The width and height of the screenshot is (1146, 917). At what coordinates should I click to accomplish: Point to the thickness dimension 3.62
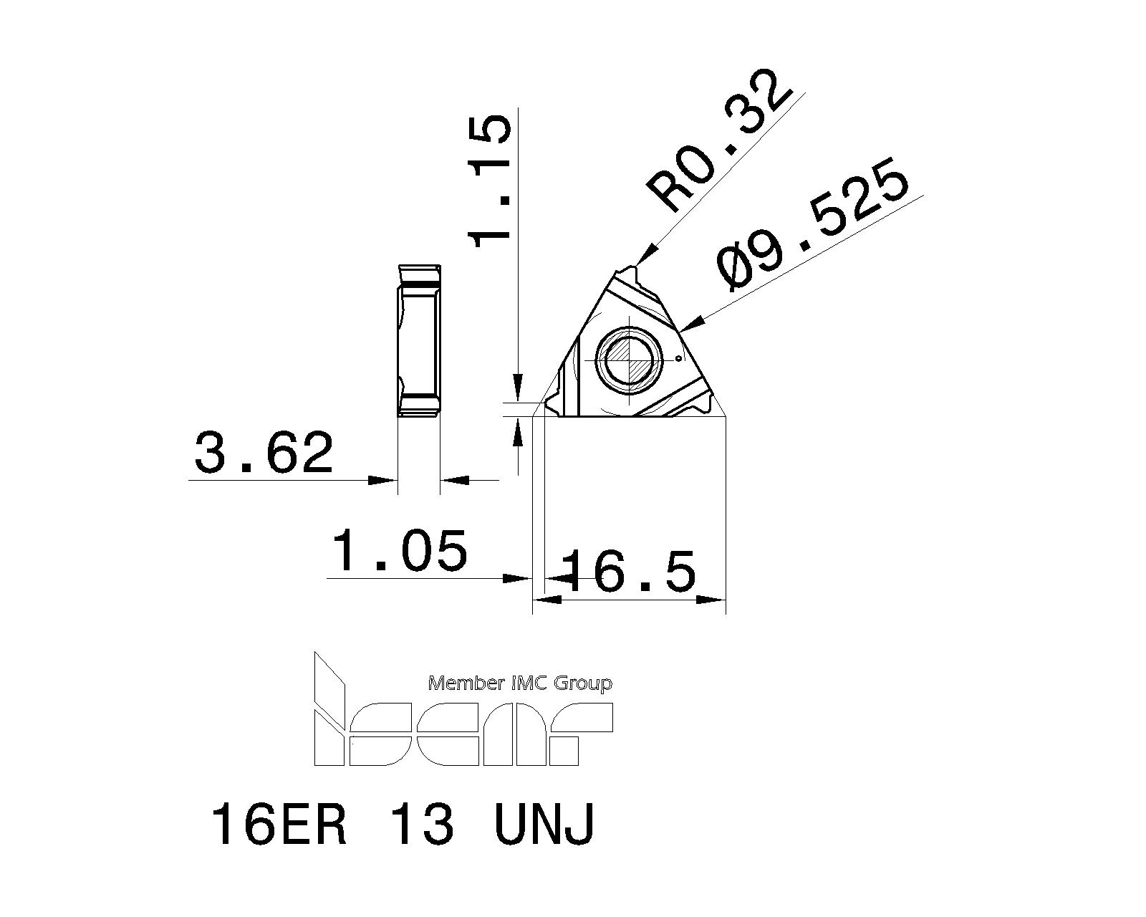click(264, 453)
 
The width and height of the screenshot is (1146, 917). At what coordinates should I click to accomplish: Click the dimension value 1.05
click(400, 551)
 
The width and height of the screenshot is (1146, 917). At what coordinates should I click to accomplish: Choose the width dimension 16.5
click(628, 572)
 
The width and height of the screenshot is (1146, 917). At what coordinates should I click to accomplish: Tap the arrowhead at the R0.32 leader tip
click(645, 255)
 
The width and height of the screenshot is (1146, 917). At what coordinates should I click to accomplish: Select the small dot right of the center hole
click(678, 358)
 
